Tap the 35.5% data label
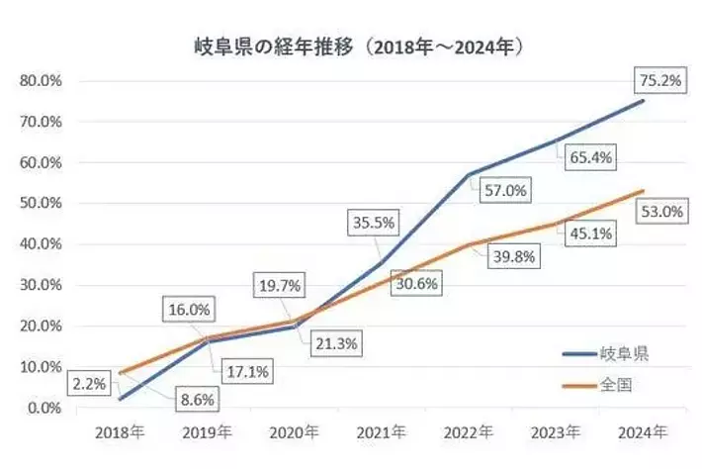(x=373, y=223)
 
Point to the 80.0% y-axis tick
(x=40, y=80)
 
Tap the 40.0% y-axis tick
(x=40, y=243)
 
